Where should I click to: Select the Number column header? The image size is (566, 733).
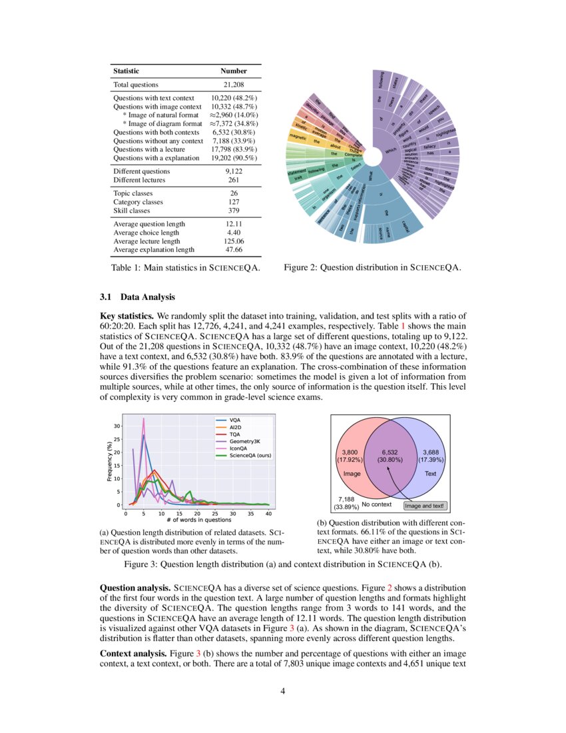(234, 71)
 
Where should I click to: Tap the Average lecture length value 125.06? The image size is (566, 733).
(234, 241)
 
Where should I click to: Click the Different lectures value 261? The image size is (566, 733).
(234, 179)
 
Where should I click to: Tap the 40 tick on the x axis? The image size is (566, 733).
(268, 514)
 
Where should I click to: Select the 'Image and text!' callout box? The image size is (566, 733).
(424, 506)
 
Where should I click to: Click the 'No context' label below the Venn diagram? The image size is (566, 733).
(376, 504)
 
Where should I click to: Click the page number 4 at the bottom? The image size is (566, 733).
(283, 690)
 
